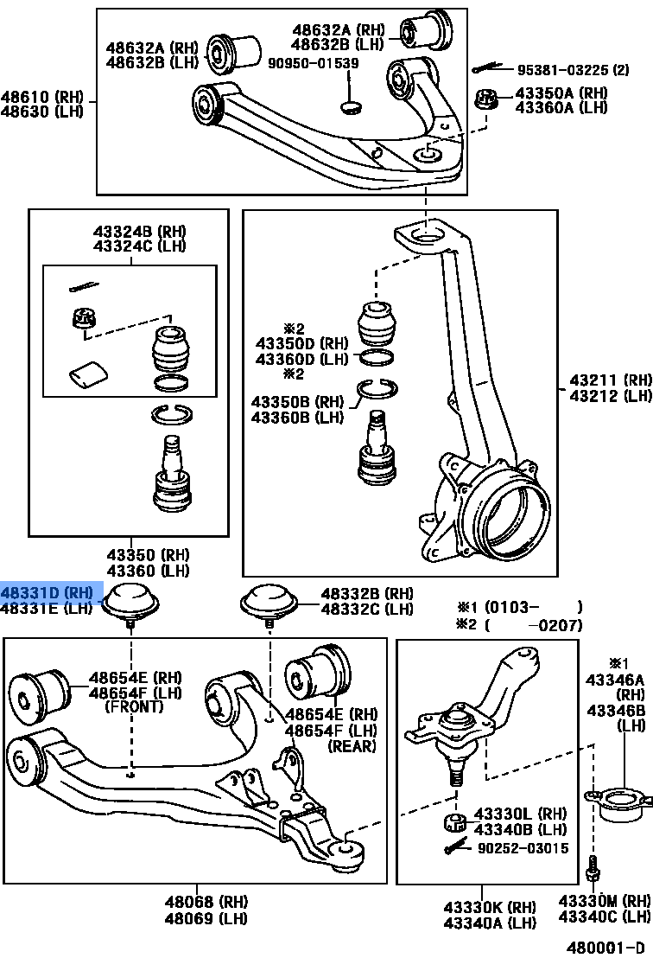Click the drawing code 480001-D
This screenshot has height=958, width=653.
605,947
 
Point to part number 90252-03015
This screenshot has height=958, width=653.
523,848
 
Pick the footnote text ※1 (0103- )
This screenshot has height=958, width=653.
519,607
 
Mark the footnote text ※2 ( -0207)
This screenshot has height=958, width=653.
519,625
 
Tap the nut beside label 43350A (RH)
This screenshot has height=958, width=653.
488,100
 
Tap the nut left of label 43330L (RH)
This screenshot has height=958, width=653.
453,821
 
